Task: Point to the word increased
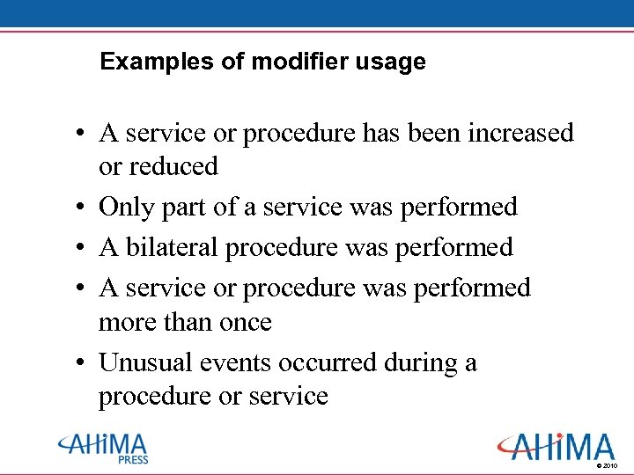[x=521, y=134]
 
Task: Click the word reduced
[x=173, y=166]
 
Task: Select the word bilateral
[x=173, y=247]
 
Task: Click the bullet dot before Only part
[x=79, y=208]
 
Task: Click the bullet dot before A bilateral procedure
[x=79, y=249]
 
